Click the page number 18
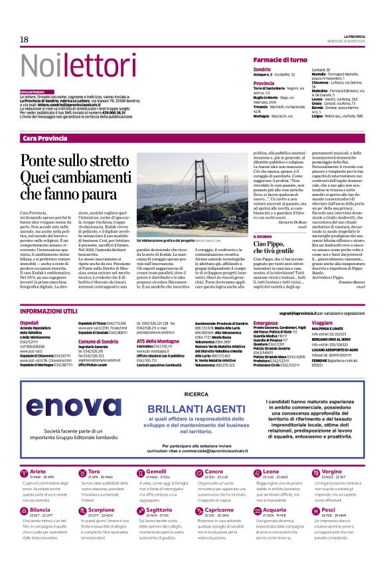point(25,40)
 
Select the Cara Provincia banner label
point(44,138)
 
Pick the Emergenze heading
point(266,323)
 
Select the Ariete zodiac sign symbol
point(26,475)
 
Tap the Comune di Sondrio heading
point(98,341)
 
